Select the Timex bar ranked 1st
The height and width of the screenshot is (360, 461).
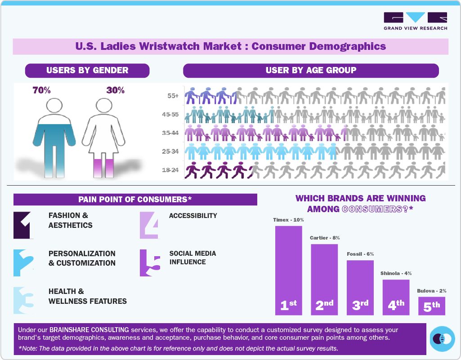pos(288,270)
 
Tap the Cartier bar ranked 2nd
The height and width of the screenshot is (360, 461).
pos(324,279)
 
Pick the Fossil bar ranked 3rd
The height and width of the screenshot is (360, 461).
pos(360,288)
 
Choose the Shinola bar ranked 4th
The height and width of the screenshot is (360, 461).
pos(396,297)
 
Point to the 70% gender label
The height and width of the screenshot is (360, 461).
pos(41,90)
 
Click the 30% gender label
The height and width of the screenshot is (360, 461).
pos(115,90)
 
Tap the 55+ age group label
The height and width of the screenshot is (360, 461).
pos(173,96)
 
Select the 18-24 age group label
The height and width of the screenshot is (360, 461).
pos(170,170)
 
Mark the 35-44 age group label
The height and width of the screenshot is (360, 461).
pos(170,133)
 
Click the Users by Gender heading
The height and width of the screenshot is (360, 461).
pos(87,70)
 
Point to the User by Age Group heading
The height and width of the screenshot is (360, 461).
pos(311,70)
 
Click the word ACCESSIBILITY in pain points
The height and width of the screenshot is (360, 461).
pos(193,216)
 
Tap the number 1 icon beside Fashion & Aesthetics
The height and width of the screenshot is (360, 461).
pos(23,225)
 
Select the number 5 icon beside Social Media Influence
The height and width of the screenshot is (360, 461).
pos(150,262)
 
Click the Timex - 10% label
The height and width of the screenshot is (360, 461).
pos(288,220)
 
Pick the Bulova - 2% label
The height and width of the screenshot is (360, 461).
pos(431,291)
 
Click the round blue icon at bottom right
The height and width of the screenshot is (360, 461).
pos(443,338)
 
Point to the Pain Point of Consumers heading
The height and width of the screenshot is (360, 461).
pos(135,199)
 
